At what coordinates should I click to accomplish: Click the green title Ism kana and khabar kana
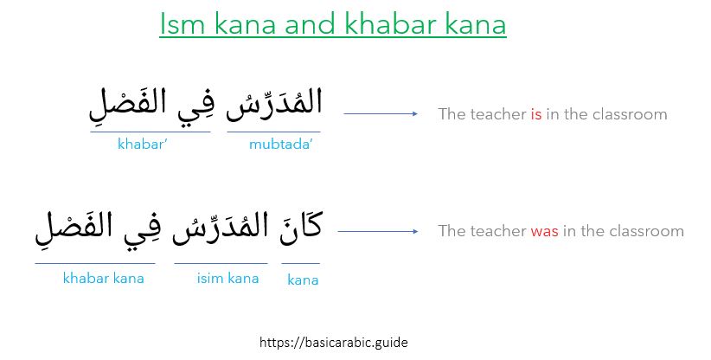pyautogui.click(x=332, y=24)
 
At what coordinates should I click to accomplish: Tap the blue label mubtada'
pyautogui.click(x=279, y=145)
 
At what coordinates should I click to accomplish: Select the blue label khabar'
pyautogui.click(x=143, y=145)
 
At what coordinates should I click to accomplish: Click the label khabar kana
pyautogui.click(x=103, y=278)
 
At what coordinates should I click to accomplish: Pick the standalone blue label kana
pyautogui.click(x=303, y=280)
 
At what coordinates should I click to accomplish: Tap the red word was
pyautogui.click(x=544, y=231)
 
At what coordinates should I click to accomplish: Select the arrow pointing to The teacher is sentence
pyautogui.click(x=381, y=113)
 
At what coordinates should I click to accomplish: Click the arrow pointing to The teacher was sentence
pyautogui.click(x=377, y=231)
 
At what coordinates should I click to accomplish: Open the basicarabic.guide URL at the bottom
pyautogui.click(x=333, y=342)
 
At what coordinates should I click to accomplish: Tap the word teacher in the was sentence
pyautogui.click(x=496, y=231)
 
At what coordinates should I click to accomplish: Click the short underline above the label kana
pyautogui.click(x=300, y=263)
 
